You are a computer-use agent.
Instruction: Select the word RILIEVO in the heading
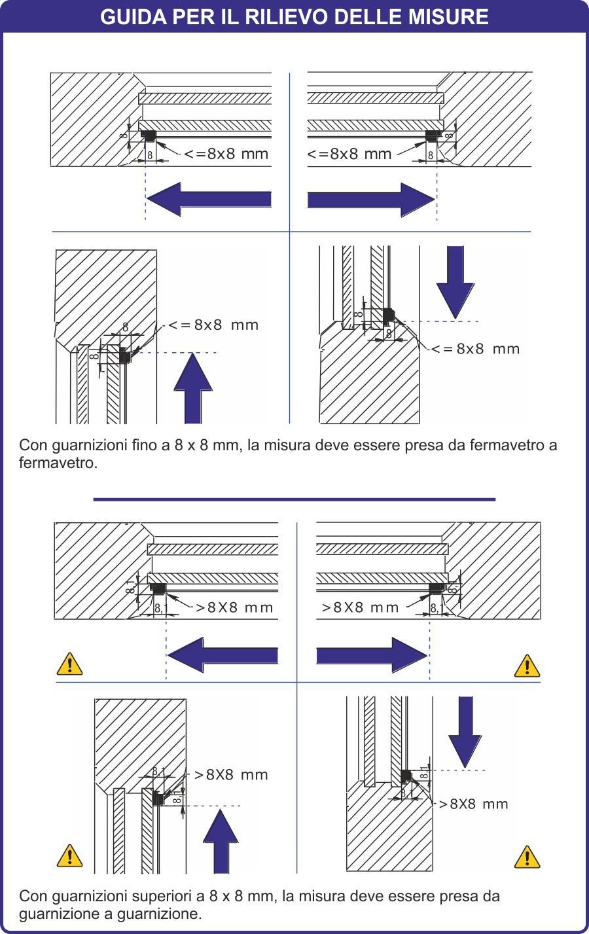coord(283,16)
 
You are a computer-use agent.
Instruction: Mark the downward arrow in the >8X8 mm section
coord(465,730)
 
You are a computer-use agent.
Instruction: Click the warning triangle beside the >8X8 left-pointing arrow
coord(69,664)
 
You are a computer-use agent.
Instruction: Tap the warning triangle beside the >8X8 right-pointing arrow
coord(527,666)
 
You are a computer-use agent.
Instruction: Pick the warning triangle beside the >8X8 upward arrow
coord(69,855)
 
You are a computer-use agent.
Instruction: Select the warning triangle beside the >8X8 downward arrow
coord(527,857)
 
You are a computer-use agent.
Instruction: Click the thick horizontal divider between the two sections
coord(294,499)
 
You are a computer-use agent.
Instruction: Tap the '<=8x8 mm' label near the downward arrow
coord(476,349)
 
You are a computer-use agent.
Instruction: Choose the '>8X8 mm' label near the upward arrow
coord(232,775)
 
